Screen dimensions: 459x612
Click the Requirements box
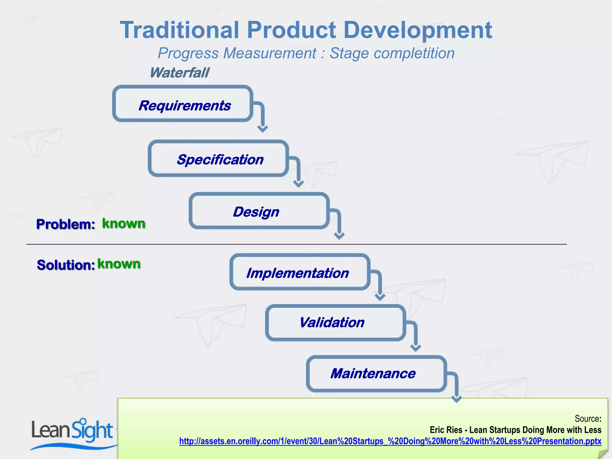(183, 104)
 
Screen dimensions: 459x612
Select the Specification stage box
(218, 158)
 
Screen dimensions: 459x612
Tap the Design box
(259, 211)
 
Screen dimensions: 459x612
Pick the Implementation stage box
(300, 272)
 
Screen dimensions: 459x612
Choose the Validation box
(335, 323)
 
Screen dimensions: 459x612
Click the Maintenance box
(376, 374)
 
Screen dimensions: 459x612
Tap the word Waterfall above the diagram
(179, 73)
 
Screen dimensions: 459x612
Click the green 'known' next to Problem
(124, 223)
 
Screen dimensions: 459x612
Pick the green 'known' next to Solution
(119, 264)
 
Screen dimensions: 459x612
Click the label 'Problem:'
(65, 224)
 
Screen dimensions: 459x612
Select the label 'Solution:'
(66, 265)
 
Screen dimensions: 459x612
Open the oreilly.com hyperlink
(390, 441)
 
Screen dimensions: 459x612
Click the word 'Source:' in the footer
(587, 418)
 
